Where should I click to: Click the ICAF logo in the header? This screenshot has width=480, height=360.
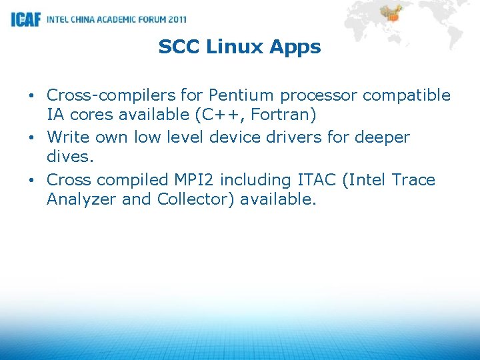click(x=26, y=19)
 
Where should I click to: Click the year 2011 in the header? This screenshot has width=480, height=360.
click(x=175, y=19)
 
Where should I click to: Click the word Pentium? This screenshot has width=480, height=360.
click(x=241, y=95)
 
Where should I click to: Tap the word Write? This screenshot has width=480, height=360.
click(x=69, y=137)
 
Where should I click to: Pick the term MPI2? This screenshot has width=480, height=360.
click(x=193, y=180)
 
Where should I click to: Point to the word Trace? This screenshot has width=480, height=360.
click(x=412, y=180)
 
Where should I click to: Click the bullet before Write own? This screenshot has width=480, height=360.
click(x=33, y=138)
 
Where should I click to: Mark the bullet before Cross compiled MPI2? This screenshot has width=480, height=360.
click(x=33, y=181)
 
